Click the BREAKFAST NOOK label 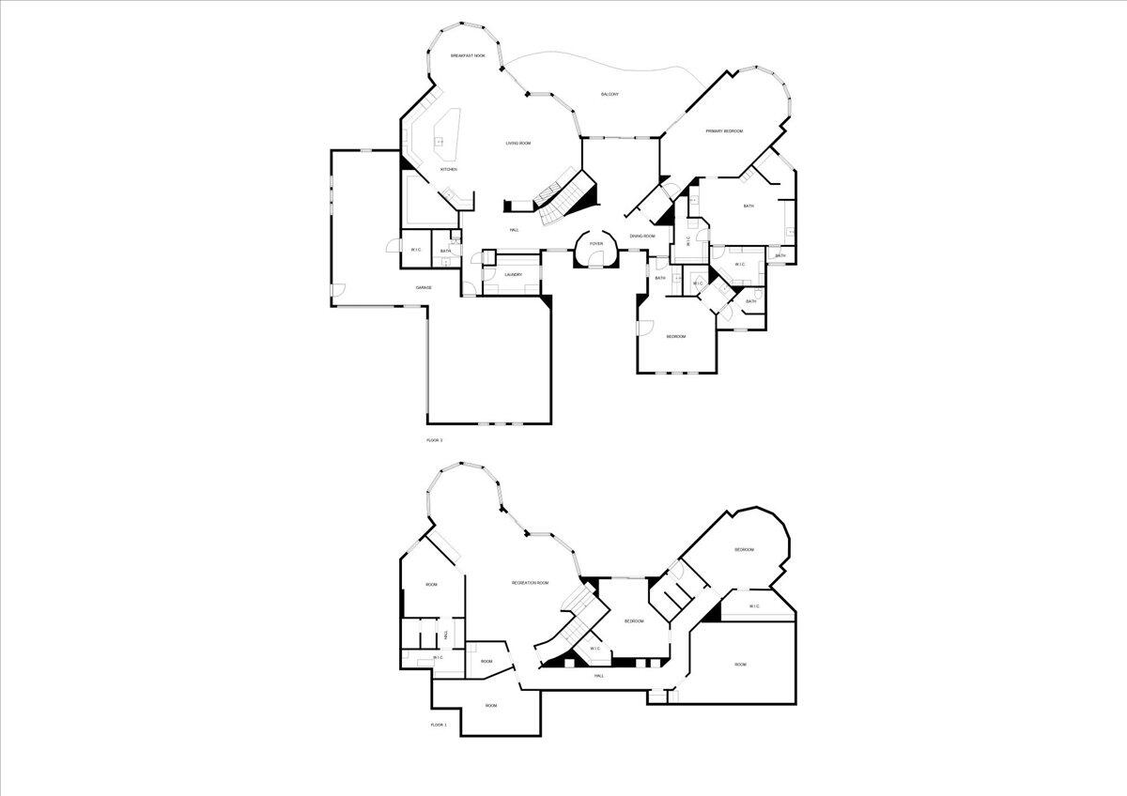[468, 56]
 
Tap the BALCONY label [610, 94]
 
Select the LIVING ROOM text [518, 144]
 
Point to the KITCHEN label [449, 169]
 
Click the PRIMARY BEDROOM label [724, 131]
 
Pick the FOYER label [595, 243]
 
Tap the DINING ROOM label [642, 237]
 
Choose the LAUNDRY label [513, 275]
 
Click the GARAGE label [424, 287]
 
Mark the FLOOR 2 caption [434, 439]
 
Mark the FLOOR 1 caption [439, 725]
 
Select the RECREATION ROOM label [530, 583]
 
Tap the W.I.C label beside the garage [416, 250]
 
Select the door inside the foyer [595, 267]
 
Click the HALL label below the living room [514, 230]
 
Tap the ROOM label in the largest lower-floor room [740, 665]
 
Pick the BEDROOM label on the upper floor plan [675, 337]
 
